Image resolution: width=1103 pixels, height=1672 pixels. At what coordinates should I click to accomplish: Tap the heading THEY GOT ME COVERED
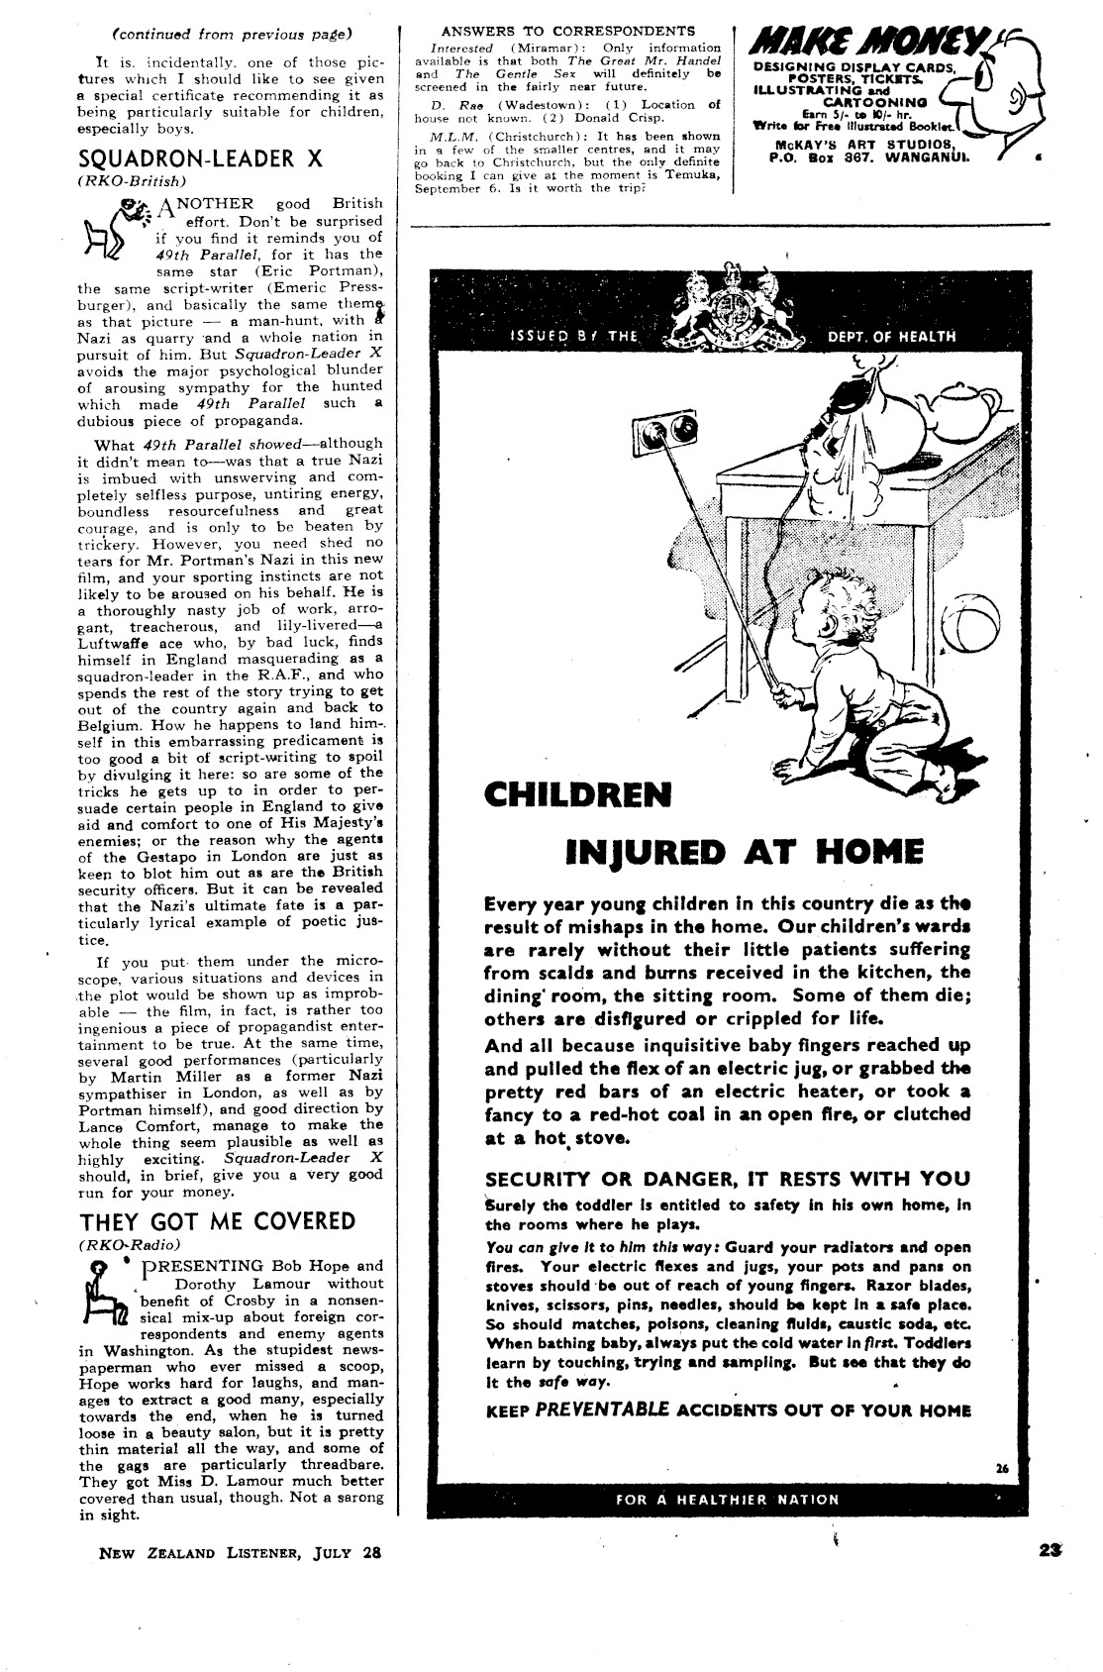[x=217, y=1220]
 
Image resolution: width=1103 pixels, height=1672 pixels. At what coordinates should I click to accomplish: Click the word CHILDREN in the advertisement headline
[x=577, y=794]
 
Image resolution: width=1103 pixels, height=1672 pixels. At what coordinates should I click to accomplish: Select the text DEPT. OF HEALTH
[x=892, y=336]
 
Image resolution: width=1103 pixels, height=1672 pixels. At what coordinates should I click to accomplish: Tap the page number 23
[x=1053, y=1552]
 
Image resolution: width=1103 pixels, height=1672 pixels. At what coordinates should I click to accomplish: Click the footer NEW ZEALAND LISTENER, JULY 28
[x=240, y=1553]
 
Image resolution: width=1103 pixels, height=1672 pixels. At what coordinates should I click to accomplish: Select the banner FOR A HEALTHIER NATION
[x=727, y=1500]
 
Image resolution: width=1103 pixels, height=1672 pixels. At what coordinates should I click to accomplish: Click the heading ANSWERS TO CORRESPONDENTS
[x=567, y=32]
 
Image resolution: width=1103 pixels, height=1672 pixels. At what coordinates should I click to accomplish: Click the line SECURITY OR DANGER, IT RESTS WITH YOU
[x=727, y=1179]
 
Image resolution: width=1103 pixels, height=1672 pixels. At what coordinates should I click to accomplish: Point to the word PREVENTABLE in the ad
[x=602, y=1411]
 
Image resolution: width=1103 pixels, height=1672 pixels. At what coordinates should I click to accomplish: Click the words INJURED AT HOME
[x=743, y=851]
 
